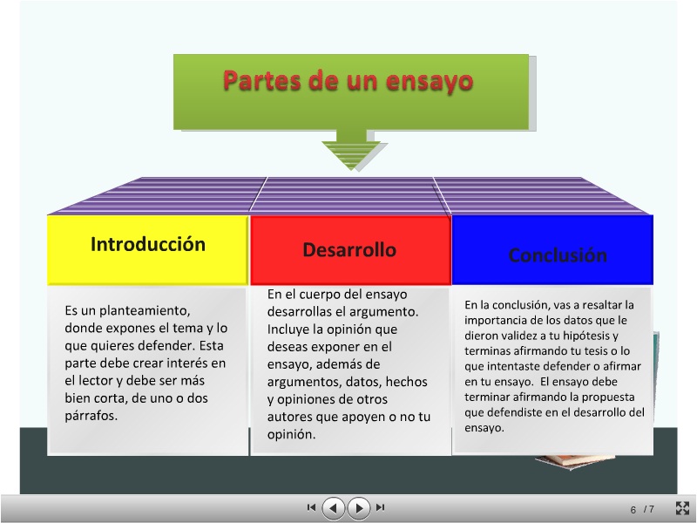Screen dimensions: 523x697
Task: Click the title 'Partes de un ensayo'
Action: click(348, 82)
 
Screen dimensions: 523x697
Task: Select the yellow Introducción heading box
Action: click(148, 245)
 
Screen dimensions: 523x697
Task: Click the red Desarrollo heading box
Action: click(349, 250)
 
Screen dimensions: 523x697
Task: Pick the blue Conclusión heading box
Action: click(558, 255)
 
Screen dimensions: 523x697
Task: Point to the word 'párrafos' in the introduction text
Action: click(91, 415)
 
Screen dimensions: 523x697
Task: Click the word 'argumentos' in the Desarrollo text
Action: click(305, 382)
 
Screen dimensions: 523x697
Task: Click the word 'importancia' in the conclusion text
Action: click(494, 320)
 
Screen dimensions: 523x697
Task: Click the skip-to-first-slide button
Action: click(311, 507)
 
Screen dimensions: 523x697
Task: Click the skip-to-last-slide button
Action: click(381, 507)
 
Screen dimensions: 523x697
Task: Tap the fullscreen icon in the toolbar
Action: click(683, 508)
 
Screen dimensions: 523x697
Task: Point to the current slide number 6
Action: click(633, 509)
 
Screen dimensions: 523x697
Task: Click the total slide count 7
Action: click(651, 509)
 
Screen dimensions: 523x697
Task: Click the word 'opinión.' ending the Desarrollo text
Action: click(292, 434)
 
